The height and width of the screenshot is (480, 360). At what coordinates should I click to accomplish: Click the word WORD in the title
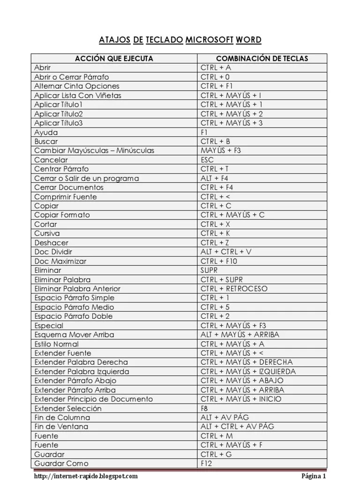[x=249, y=39]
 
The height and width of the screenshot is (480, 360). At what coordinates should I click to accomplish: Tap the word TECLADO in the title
[x=164, y=39]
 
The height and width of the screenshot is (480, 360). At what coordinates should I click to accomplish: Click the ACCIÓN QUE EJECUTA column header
[x=114, y=59]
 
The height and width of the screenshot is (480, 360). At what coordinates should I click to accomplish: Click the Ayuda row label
[x=46, y=132]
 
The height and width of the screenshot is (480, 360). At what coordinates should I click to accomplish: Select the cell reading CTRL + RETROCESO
[x=234, y=289]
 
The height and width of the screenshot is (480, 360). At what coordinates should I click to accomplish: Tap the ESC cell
[x=207, y=160]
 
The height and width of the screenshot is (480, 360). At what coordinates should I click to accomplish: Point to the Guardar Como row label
[x=54, y=464]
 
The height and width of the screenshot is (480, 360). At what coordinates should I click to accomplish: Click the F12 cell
[x=207, y=464]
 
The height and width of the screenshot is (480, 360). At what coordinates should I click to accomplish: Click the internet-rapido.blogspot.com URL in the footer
[x=86, y=476]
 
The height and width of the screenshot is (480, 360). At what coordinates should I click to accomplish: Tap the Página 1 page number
[x=313, y=476]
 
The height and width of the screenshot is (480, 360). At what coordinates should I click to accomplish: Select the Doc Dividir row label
[x=53, y=252]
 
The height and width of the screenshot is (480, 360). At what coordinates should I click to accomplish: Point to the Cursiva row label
[x=47, y=233]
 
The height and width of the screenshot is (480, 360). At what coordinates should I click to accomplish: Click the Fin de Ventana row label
[x=61, y=427]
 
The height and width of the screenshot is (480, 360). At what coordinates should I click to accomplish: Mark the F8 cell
[x=205, y=408]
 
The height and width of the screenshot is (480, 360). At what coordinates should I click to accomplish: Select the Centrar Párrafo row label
[x=61, y=169]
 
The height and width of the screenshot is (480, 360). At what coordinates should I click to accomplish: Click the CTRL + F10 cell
[x=219, y=261]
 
